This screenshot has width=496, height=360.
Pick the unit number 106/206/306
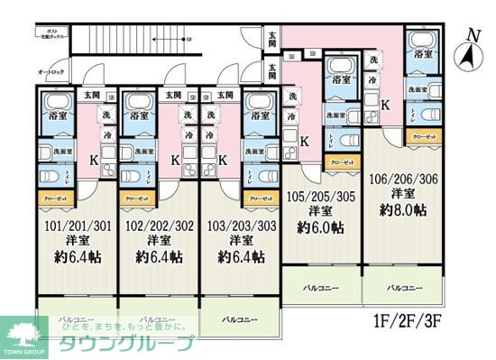[403, 180]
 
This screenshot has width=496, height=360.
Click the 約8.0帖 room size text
[403, 208]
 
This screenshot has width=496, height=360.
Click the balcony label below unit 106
[403, 288]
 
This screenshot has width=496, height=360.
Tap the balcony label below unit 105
[322, 288]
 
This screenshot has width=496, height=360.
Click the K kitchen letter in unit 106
[385, 105]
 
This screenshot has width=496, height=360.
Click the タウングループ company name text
[126, 344]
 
